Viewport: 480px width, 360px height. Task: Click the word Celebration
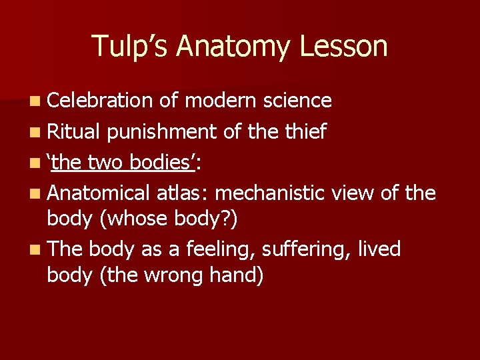click(x=101, y=101)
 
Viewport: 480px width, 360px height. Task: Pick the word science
click(x=297, y=101)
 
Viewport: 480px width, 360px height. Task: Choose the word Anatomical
click(x=100, y=194)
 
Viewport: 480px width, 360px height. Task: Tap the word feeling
click(x=219, y=249)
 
